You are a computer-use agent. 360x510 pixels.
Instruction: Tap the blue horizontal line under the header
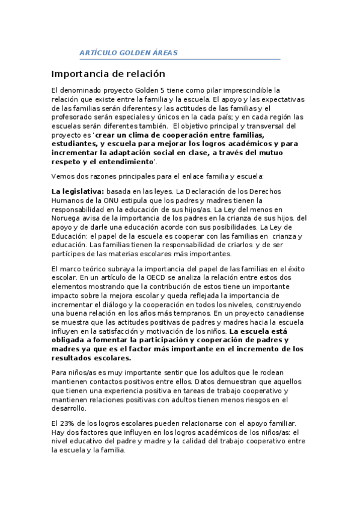pos(180,60)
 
